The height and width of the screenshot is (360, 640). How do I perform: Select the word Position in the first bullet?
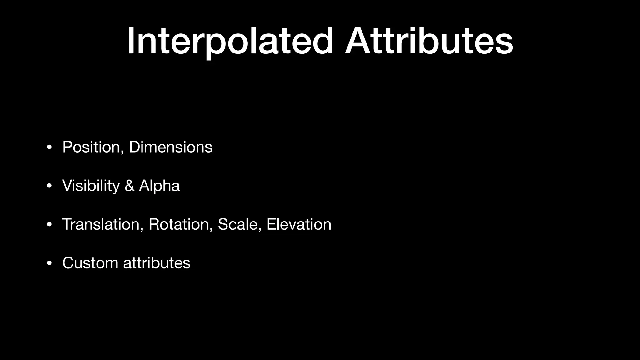pyautogui.click(x=91, y=147)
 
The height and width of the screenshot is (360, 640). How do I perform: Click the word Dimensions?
pyautogui.click(x=171, y=147)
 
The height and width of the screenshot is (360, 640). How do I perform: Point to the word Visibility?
pyautogui.click(x=91, y=186)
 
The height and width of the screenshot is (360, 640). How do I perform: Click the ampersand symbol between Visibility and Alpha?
pyautogui.click(x=129, y=186)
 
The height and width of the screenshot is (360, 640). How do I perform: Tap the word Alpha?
pyautogui.click(x=159, y=186)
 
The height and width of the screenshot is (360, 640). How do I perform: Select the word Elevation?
pyautogui.click(x=299, y=224)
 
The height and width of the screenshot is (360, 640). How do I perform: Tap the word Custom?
pyautogui.click(x=90, y=263)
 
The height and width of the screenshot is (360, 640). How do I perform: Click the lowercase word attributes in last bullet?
pyautogui.click(x=157, y=263)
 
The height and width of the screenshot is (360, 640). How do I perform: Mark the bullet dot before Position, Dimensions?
pyautogui.click(x=49, y=147)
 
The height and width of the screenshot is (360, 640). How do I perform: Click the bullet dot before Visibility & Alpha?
pyautogui.click(x=49, y=186)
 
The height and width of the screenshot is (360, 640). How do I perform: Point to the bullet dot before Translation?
pyautogui.click(x=49, y=225)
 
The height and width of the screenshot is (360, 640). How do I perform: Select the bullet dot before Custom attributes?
pyautogui.click(x=49, y=263)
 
